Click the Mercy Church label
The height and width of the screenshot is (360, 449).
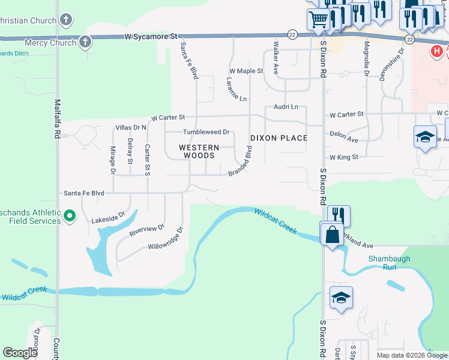point(50,43)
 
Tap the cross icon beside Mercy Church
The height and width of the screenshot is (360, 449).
point(85,42)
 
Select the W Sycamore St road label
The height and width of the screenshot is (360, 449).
point(152,37)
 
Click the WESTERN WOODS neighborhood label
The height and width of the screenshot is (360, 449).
point(197,151)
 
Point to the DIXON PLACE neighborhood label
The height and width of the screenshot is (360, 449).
point(279,138)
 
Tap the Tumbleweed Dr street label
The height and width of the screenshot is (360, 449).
point(206,132)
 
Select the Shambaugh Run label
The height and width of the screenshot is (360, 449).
point(382,262)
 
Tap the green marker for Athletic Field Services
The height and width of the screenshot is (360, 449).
point(69,215)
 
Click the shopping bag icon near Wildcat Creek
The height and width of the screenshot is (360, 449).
point(332,235)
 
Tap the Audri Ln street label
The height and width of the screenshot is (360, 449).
point(286,107)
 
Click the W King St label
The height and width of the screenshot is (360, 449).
point(343,157)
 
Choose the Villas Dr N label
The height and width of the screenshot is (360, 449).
point(131,127)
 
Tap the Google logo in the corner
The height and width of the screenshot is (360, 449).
point(20,353)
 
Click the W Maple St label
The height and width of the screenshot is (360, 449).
point(246,71)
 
